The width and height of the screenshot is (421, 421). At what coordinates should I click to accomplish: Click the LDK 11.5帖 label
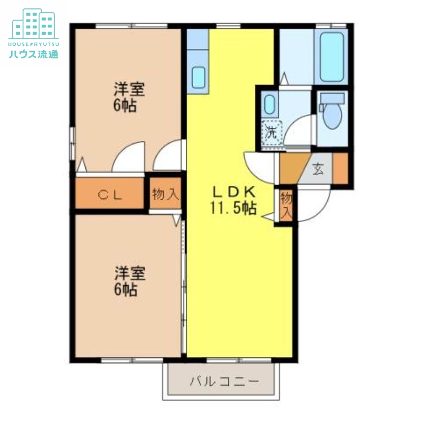234,200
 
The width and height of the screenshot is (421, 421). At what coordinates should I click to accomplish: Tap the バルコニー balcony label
225,381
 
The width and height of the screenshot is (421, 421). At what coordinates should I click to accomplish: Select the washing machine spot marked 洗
272,132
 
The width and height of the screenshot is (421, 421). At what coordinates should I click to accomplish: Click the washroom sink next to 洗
269,105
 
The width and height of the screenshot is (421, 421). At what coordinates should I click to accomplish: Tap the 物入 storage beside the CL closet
165,194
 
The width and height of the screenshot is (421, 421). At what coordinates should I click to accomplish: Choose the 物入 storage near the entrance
286,206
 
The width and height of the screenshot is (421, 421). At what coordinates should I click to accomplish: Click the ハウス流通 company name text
33,54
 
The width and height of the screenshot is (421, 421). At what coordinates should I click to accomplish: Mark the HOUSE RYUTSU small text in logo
33,42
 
